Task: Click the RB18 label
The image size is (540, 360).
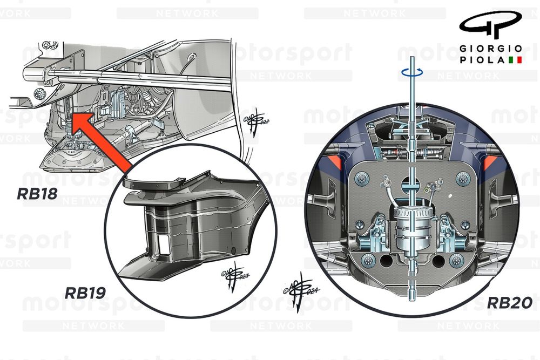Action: coord(37,194)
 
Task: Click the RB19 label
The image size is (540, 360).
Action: coord(85,293)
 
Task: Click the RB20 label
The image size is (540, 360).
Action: coord(510,303)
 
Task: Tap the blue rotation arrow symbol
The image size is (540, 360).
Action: coord(412,72)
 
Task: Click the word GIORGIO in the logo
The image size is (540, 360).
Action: coord(491,49)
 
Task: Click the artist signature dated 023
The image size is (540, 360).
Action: coord(234,275)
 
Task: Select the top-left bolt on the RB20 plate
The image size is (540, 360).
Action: coord(362,178)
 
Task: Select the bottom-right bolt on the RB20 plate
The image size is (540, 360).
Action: coord(457,261)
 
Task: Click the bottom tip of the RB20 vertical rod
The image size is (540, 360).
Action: coord(412,300)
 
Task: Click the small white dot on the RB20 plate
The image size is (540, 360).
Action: coord(449,196)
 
